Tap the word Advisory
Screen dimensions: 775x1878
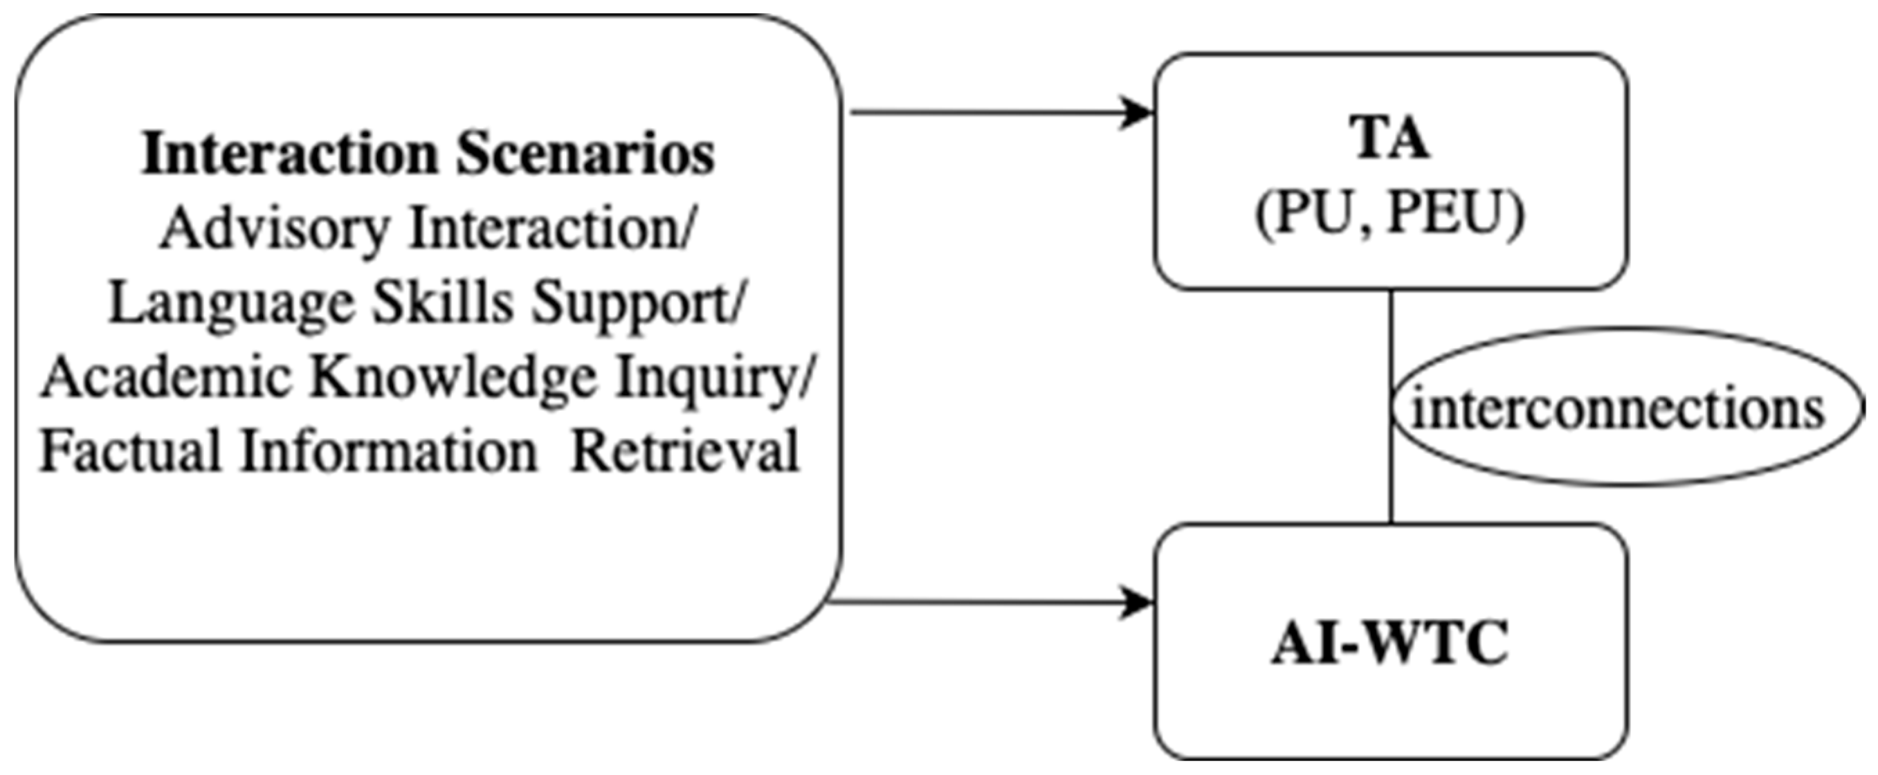(x=275, y=229)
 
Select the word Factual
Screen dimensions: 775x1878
(x=130, y=452)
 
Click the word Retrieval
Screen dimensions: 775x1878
(x=685, y=452)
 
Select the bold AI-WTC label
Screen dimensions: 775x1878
(x=1389, y=643)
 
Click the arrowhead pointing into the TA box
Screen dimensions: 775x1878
(x=1138, y=113)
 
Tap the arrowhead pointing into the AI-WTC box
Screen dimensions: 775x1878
(x=1138, y=603)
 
